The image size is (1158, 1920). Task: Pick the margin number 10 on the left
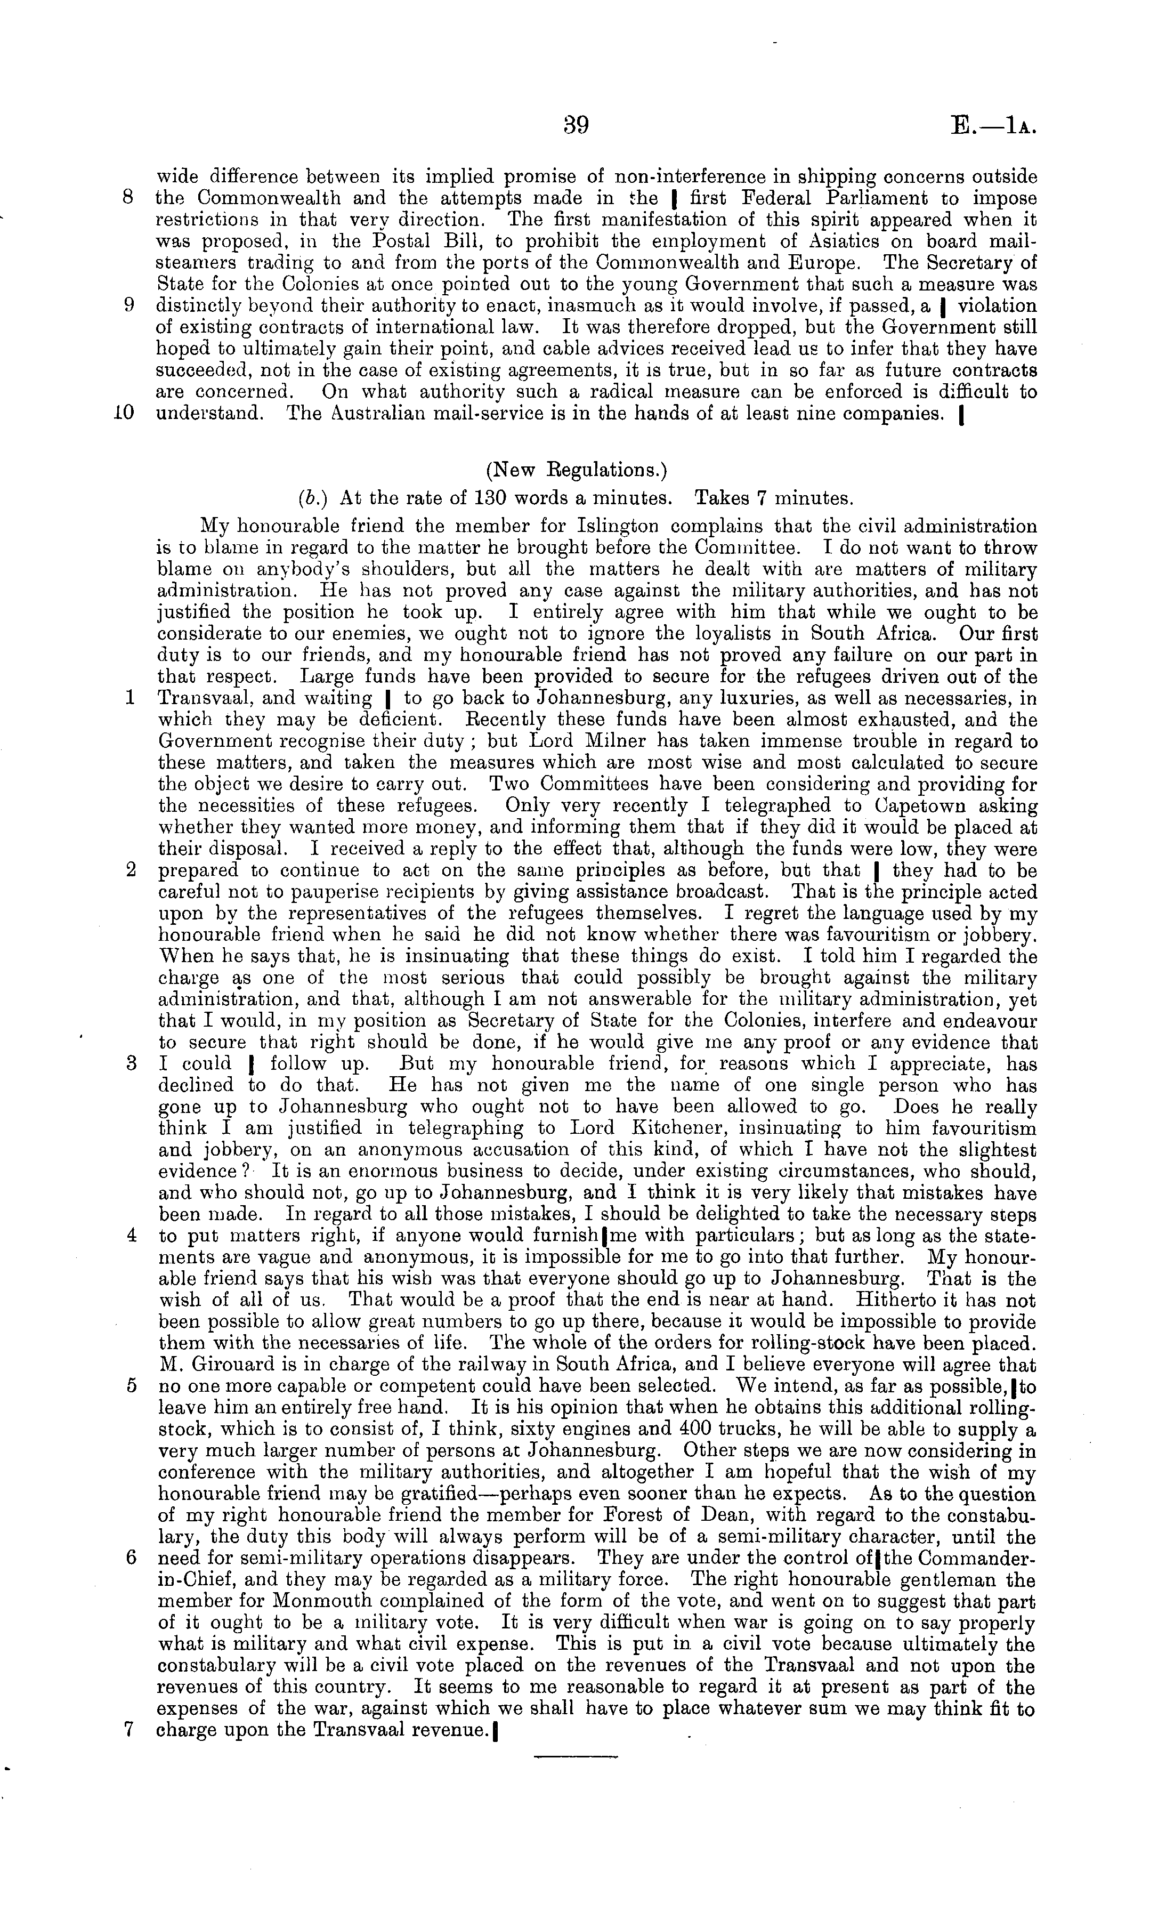point(125,413)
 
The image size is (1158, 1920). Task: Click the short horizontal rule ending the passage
point(575,1757)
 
